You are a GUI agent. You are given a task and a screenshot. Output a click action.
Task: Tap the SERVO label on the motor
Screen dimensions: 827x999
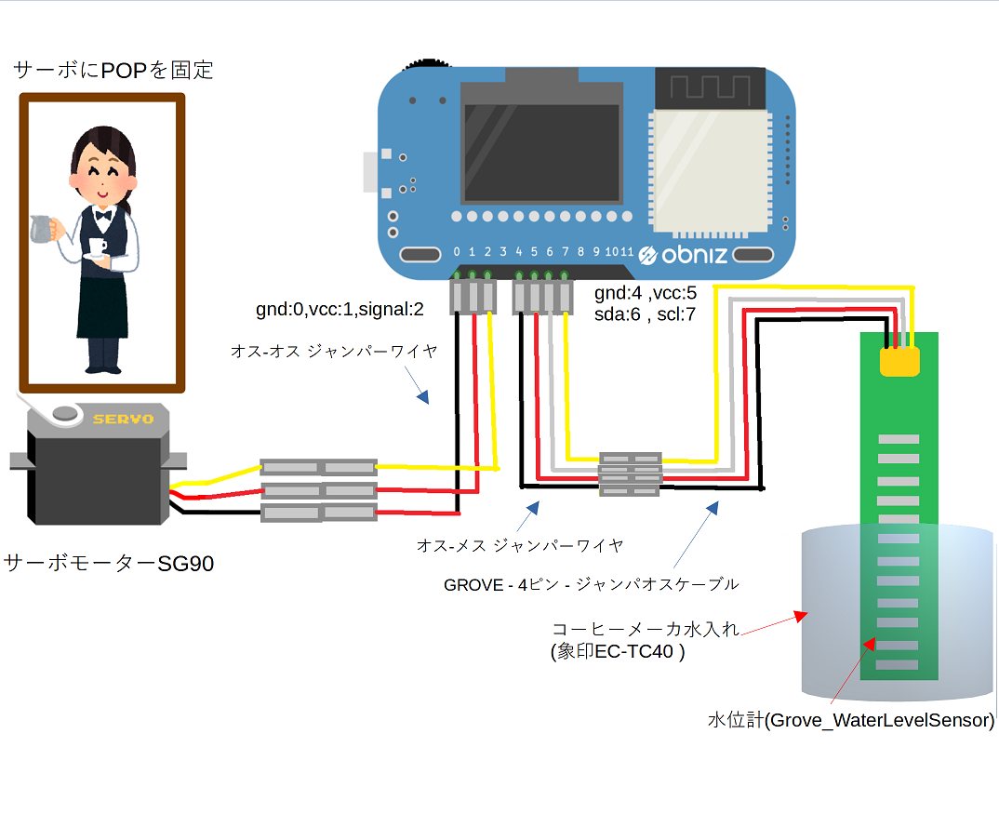123,420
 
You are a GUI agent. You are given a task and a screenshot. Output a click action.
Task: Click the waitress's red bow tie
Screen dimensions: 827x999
103,215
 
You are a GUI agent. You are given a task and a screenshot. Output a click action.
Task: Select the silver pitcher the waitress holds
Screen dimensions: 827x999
39,228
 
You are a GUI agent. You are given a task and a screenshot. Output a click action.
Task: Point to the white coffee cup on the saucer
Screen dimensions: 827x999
96,248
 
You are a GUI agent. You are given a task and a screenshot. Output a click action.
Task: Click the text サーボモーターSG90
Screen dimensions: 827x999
109,563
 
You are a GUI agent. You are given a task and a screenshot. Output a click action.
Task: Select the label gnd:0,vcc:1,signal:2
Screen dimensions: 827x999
340,308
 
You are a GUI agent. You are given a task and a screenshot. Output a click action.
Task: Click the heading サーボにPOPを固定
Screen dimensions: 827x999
113,70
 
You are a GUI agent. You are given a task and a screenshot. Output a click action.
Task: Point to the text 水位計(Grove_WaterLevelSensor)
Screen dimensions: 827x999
851,720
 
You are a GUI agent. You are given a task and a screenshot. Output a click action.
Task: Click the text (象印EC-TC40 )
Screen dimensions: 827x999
618,651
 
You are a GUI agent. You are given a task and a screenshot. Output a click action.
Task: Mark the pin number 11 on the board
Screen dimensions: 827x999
627,252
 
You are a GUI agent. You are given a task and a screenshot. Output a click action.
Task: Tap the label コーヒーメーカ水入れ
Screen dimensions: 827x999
646,630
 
